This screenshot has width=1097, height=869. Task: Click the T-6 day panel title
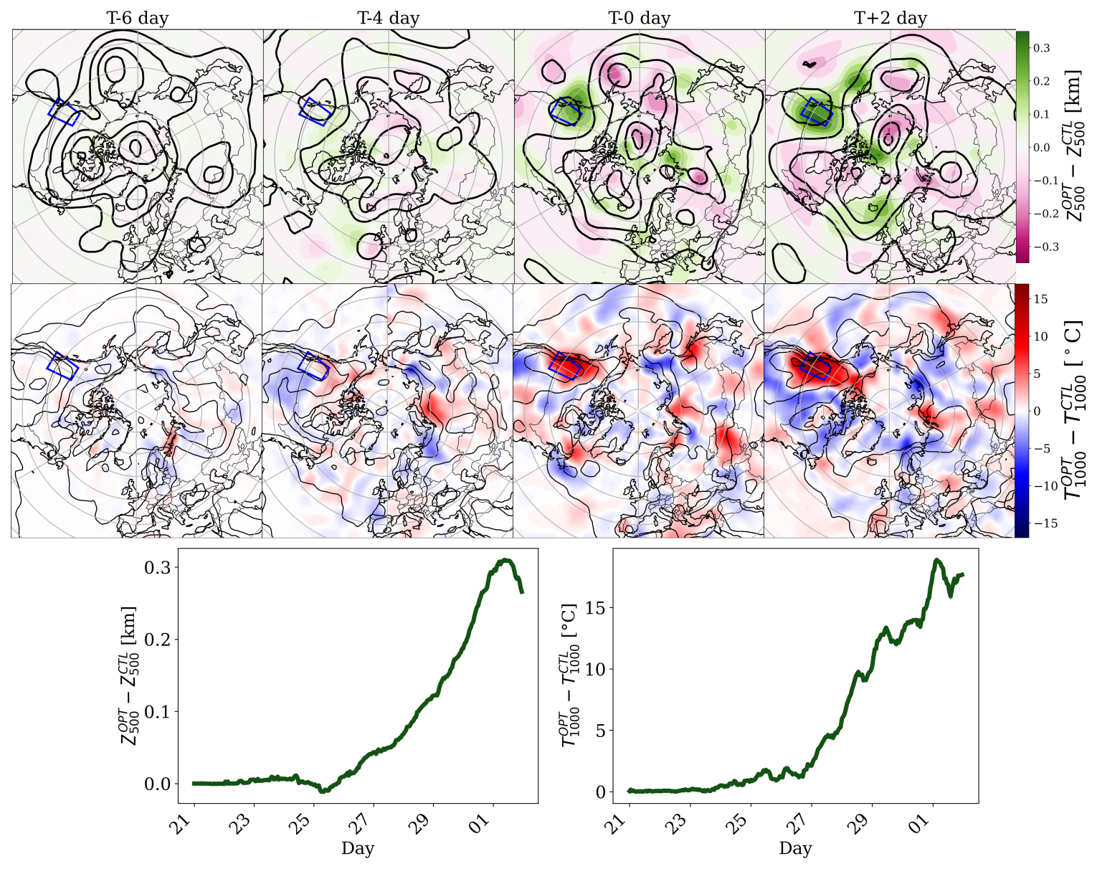click(137, 18)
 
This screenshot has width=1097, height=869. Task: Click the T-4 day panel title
click(388, 18)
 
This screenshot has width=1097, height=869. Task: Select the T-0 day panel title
click(639, 18)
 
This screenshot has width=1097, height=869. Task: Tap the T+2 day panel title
click(890, 18)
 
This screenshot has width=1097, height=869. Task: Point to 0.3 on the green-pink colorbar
click(1041, 48)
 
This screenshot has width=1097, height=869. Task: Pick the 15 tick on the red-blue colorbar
click(1041, 299)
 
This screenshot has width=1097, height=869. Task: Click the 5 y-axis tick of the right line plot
click(601, 731)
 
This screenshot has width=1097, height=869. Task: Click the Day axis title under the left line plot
click(357, 849)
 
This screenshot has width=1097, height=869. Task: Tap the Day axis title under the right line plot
click(795, 849)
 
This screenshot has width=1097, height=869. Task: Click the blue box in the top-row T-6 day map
click(64, 112)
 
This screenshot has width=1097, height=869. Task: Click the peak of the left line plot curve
click(506, 560)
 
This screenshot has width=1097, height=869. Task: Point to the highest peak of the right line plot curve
click(936, 560)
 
